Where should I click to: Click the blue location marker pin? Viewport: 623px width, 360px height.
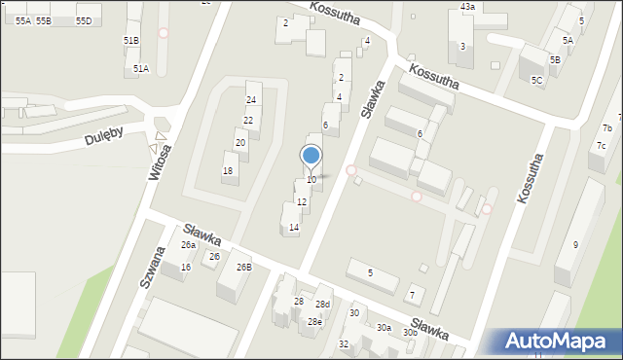point(311,157)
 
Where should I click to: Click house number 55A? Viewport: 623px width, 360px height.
point(22,20)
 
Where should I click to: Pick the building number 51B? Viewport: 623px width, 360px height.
point(130,40)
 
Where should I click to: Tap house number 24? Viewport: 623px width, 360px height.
point(251,100)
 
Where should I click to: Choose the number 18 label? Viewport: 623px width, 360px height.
point(228,171)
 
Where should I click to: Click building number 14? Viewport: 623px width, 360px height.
point(294,228)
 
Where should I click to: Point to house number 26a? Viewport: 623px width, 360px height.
point(188,245)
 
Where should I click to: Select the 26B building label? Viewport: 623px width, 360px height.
point(243,267)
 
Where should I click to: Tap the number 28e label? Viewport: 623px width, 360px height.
point(314,321)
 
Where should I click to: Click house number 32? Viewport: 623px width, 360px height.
point(344,344)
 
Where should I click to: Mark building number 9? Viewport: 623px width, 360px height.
point(575,244)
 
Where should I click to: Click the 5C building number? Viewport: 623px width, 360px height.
point(536,80)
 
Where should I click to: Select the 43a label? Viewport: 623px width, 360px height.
point(467,7)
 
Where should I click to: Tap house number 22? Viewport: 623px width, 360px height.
point(248,121)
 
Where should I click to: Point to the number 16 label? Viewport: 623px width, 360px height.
point(185,267)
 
